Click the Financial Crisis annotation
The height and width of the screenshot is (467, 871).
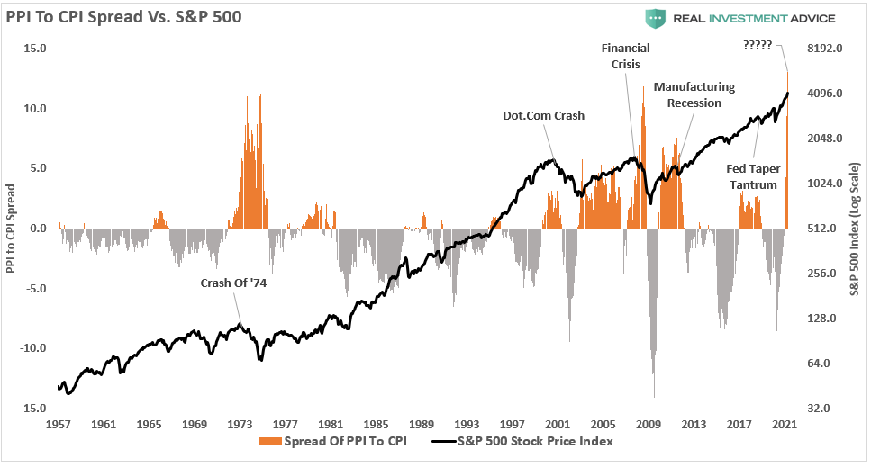click(625, 56)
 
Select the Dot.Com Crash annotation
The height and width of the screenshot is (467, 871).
click(544, 116)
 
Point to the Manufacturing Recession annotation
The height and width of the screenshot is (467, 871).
click(694, 94)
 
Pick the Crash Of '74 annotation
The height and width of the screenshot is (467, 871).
click(233, 283)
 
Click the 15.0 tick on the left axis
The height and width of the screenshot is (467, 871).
click(35, 49)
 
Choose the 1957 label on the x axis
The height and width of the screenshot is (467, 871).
click(59, 424)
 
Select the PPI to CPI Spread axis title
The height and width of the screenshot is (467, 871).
click(11, 227)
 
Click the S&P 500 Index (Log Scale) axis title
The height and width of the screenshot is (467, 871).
click(857, 228)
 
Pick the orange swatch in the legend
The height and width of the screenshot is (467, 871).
click(268, 442)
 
